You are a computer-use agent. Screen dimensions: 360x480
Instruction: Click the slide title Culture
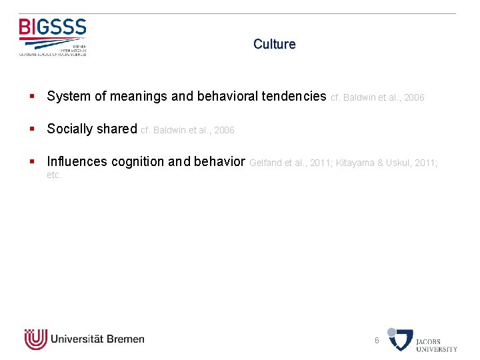274,45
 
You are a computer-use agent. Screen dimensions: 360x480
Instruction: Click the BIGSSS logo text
53,27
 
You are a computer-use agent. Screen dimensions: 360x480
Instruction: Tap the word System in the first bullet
69,97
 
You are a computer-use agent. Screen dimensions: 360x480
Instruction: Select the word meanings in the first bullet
138,97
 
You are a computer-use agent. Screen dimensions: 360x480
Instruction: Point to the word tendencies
294,97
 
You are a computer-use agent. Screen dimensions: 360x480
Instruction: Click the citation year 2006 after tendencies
414,98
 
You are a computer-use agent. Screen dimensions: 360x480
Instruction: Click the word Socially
69,129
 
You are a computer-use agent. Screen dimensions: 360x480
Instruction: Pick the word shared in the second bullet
117,129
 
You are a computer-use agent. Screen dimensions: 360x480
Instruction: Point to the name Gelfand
265,163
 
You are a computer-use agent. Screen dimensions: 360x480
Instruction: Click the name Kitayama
355,163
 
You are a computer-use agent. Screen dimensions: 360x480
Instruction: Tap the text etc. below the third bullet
54,175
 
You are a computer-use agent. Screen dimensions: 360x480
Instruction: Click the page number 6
377,341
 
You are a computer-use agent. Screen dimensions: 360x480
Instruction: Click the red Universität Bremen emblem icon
35,339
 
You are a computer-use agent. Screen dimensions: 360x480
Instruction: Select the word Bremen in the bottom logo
125,339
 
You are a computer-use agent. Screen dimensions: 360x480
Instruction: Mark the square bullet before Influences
32,162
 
